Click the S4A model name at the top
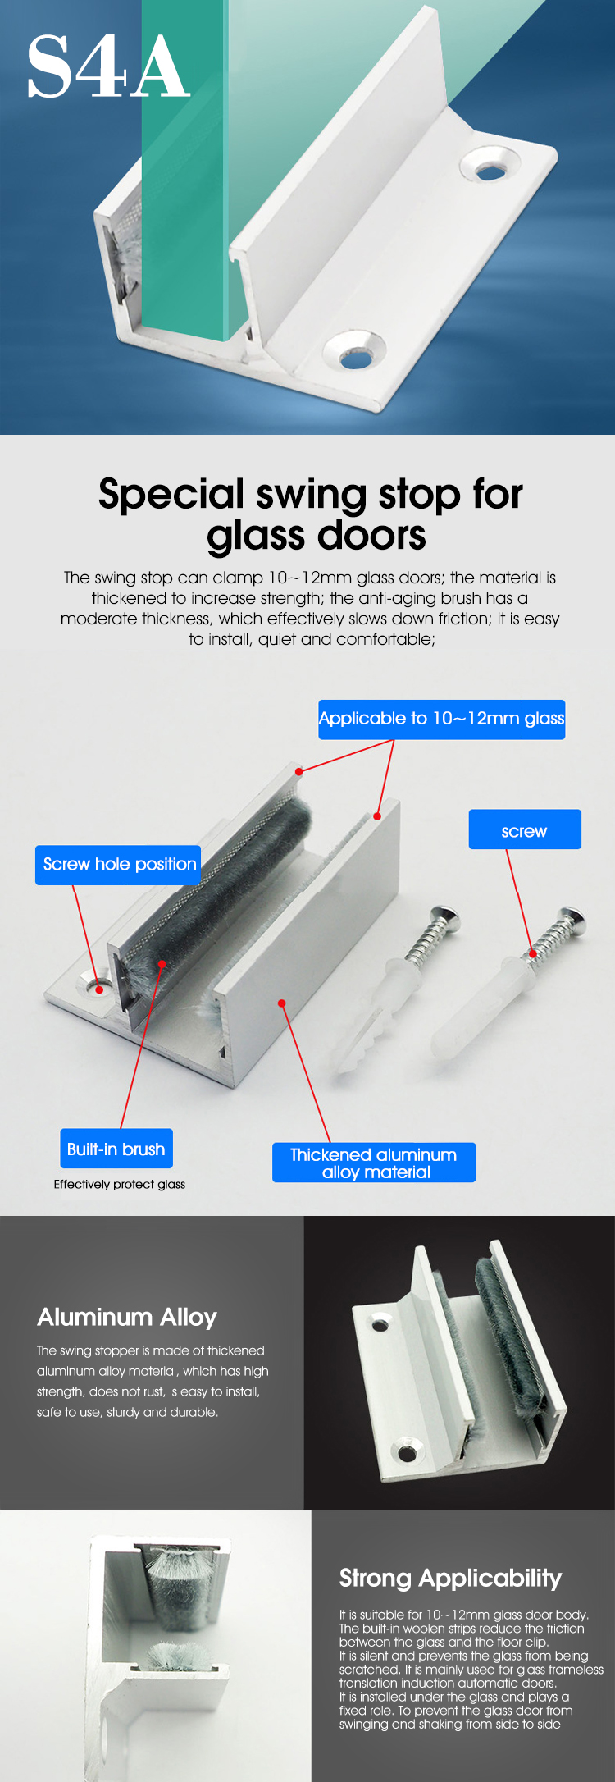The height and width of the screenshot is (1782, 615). pos(108,67)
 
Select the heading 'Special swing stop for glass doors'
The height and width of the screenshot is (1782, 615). pos(311,514)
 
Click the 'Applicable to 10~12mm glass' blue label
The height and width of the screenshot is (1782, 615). pos(441,719)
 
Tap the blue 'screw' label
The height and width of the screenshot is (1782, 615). pos(525,829)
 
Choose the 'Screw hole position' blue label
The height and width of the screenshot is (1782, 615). pos(118,865)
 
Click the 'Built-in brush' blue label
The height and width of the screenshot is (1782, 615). pos(116,1149)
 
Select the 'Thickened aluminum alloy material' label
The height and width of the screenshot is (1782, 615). pos(374,1163)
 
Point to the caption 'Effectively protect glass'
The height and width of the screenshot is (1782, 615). pos(120,1184)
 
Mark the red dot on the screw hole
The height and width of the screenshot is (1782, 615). pos(99,989)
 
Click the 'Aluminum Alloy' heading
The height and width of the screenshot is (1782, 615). pos(127,1318)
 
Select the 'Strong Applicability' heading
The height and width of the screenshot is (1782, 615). pos(451,1579)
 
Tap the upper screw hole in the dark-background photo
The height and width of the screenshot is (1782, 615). pos(380,1323)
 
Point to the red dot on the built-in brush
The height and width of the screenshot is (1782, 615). pos(162,964)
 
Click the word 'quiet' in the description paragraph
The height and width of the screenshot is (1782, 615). pos(277,639)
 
